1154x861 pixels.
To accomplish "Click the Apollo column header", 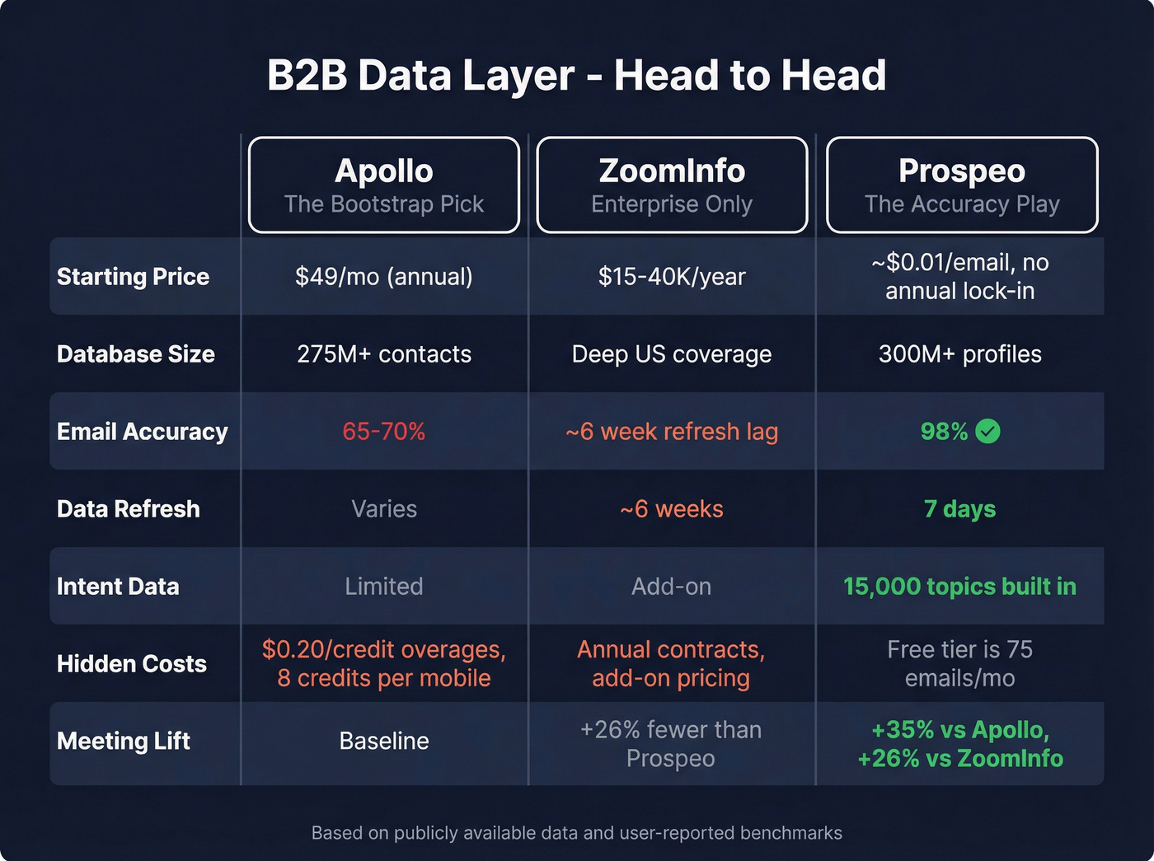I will coord(384,185).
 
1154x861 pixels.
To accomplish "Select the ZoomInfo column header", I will coord(672,185).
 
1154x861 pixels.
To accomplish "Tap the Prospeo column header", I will coord(962,185).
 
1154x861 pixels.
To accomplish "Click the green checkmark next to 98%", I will coord(987,431).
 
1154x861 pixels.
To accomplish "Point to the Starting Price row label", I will coord(133,277).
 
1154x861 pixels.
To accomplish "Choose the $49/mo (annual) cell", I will coord(384,277).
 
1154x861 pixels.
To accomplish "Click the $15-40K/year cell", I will coord(672,277).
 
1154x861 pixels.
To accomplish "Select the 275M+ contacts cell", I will coord(384,354).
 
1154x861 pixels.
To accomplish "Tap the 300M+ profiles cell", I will coord(960,354).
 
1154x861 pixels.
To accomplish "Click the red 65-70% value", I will coord(384,432).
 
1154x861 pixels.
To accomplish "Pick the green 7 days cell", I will coord(960,509).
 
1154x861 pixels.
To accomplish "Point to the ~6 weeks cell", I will coord(672,509).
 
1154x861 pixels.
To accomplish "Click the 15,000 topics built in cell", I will coord(960,587).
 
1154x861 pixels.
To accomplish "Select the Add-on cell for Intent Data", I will coord(672,587).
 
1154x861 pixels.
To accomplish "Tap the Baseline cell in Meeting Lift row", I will coord(384,741).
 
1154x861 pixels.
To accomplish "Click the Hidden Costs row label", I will coord(132,664).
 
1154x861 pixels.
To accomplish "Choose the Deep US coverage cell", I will coord(672,354).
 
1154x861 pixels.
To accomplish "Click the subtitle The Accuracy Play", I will coord(962,204).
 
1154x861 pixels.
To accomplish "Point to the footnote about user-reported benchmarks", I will coord(577,833).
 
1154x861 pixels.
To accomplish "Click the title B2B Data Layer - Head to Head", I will coord(577,76).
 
